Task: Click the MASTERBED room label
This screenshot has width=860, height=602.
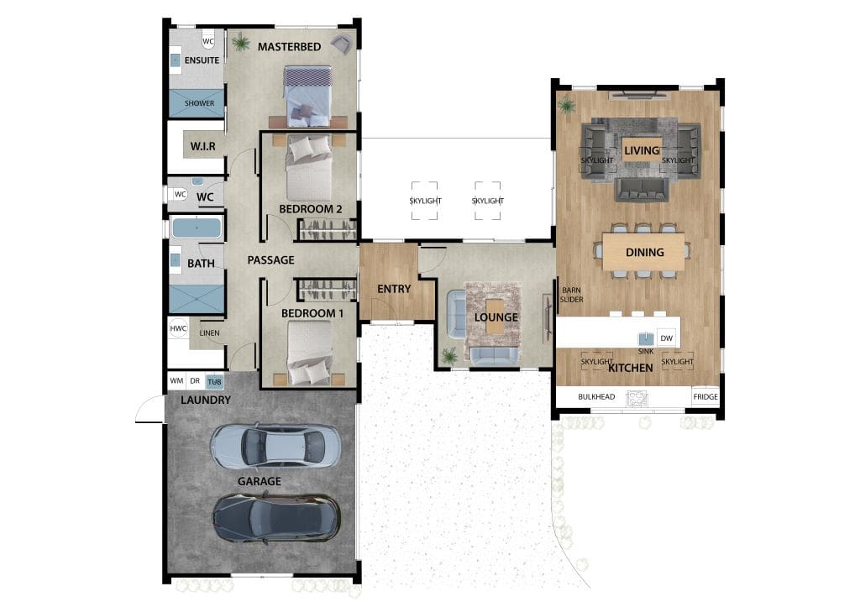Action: click(289, 47)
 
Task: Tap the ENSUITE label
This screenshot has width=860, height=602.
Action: click(202, 60)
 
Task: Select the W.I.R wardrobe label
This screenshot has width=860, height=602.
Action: click(203, 147)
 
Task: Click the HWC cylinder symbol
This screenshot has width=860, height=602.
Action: click(178, 329)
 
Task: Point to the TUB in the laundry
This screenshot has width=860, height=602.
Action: click(215, 381)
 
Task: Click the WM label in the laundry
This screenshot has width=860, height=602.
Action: click(176, 381)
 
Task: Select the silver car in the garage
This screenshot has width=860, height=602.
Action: click(275, 446)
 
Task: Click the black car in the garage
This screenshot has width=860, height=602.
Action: click(275, 516)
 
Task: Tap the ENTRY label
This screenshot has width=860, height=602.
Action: click(394, 289)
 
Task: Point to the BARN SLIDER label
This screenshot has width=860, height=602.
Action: click(572, 294)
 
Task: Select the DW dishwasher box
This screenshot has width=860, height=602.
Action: click(666, 337)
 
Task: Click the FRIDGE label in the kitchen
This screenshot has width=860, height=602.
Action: click(705, 396)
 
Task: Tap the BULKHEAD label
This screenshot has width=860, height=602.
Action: click(597, 396)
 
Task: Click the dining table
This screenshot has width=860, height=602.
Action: click(644, 252)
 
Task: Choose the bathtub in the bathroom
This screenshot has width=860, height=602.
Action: click(197, 228)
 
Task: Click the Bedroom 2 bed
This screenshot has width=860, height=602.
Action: click(309, 168)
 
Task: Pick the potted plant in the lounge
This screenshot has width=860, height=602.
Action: click(449, 357)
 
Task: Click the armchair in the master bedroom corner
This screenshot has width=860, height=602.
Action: click(341, 44)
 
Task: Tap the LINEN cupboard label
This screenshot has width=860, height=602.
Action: click(209, 333)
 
